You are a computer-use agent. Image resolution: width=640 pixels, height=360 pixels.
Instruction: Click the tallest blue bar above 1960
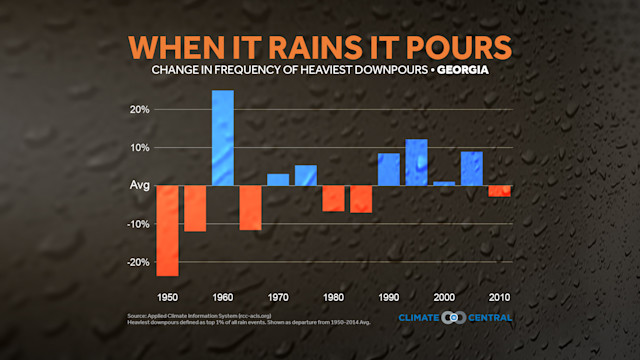223,137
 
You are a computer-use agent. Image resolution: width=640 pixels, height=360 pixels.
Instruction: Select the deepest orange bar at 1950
167,230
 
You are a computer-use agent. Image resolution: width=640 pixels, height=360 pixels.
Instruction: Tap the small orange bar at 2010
499,190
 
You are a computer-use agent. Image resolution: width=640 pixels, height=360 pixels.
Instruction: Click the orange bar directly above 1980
333,198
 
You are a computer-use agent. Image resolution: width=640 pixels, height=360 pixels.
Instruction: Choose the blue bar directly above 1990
388,169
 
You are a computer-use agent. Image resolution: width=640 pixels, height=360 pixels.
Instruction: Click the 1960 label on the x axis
223,297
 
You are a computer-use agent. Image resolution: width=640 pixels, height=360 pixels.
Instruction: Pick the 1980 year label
333,297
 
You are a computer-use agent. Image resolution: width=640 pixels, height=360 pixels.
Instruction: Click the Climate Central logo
455,318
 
